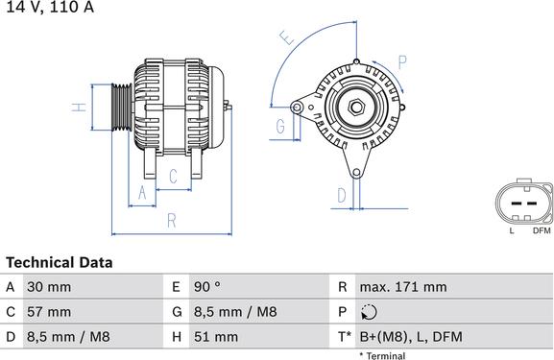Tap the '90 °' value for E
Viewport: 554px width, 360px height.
[x=208, y=287]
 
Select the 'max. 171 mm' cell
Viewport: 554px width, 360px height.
[x=402, y=287]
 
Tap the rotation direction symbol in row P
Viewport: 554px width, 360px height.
[x=369, y=312]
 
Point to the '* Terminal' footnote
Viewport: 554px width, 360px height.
[x=382, y=355]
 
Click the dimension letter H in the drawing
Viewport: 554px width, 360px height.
[x=83, y=107]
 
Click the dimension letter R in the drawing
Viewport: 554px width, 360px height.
[x=171, y=220]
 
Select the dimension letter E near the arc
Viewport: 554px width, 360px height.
[x=286, y=39]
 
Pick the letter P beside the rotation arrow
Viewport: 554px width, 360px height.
[x=401, y=61]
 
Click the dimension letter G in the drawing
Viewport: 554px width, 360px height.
[x=281, y=127]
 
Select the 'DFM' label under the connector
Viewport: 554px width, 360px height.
[x=541, y=231]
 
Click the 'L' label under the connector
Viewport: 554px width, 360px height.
[x=512, y=231]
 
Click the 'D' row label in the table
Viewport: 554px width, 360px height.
[x=10, y=337]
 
